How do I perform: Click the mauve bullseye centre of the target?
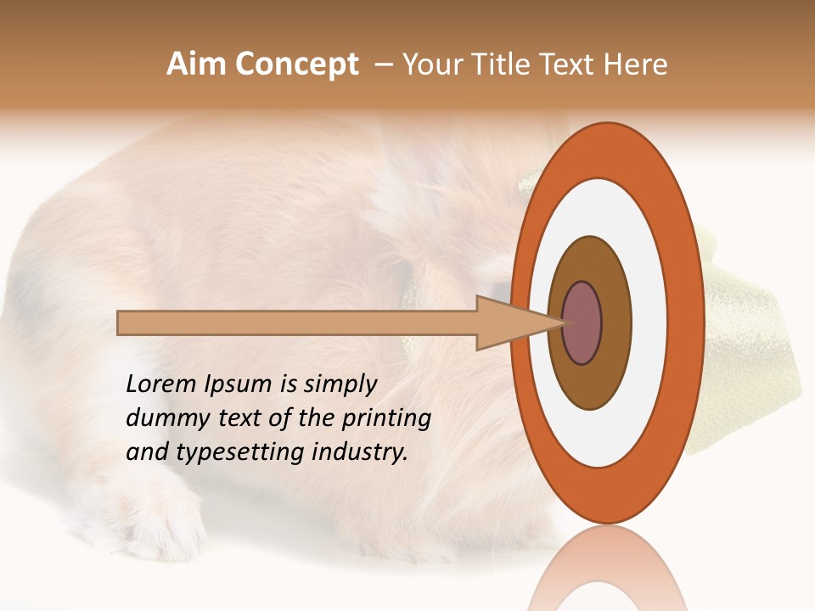[x=582, y=322]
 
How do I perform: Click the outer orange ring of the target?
[x=608, y=149]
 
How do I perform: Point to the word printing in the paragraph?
[x=385, y=419]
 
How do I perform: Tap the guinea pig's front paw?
[x=161, y=518]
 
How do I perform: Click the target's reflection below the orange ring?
[x=608, y=569]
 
